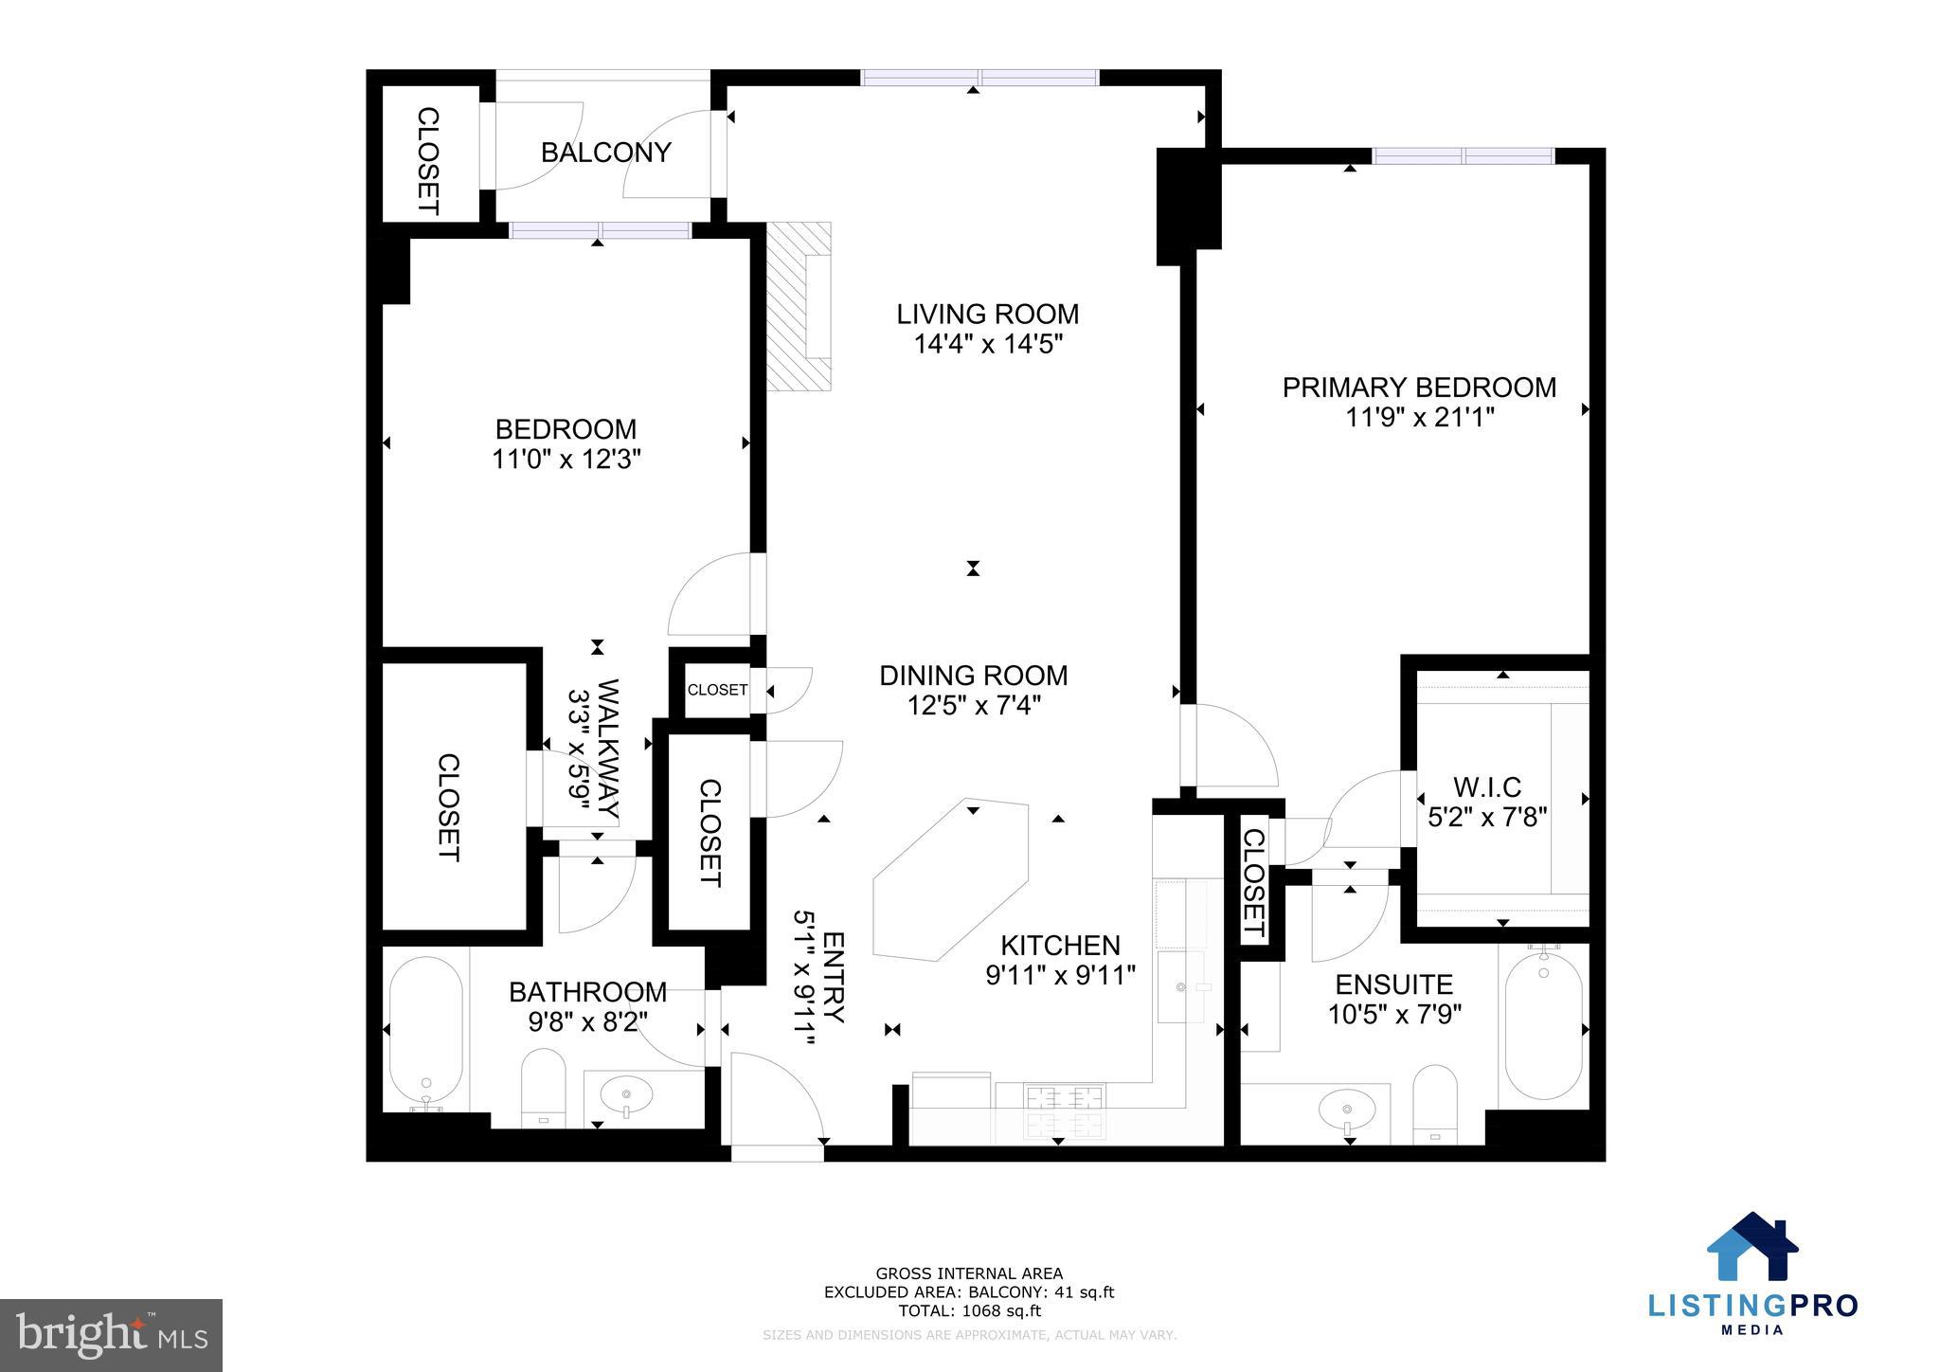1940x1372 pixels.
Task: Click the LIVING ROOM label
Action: point(988,314)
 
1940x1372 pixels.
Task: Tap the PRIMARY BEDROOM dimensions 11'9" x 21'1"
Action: point(1419,418)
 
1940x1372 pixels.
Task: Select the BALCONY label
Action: point(605,153)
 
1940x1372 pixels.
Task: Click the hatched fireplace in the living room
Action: point(798,306)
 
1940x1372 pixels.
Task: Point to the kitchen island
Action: point(950,880)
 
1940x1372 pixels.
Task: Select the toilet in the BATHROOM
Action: point(544,1088)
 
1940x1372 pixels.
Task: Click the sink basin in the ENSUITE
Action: point(1347,1107)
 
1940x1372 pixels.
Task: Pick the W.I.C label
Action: point(1486,786)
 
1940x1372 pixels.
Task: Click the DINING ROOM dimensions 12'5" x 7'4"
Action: point(974,706)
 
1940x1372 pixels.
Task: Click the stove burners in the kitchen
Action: point(1064,1110)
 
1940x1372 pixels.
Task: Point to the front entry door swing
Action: point(772,1099)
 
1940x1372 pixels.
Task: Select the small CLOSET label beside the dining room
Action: point(717,690)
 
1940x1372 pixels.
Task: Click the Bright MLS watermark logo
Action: point(111,1336)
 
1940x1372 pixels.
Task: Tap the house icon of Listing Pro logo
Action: point(1752,1247)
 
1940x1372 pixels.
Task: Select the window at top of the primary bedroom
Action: point(1464,156)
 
